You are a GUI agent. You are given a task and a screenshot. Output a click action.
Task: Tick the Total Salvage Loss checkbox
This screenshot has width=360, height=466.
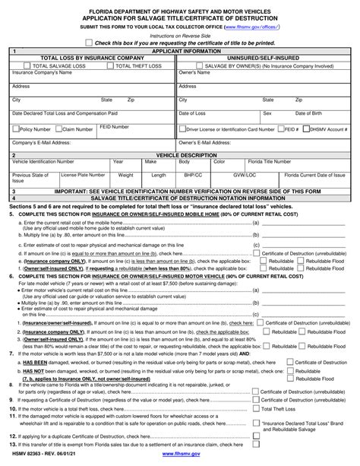tap(17, 65)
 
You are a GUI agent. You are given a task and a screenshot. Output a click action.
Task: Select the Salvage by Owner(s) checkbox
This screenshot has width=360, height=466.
tap(182, 65)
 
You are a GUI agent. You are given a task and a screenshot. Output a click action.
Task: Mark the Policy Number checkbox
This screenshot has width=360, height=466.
tap(15, 129)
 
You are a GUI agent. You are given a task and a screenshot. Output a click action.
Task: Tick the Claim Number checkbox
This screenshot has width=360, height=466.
tap(58, 129)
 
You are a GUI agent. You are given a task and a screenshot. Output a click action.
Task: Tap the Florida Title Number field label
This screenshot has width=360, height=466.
tap(271, 161)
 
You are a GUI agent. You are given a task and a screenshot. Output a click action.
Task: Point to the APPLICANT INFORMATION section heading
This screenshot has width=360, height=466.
tap(178, 50)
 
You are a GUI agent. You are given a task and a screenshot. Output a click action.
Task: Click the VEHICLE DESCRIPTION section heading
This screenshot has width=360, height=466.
tap(178, 154)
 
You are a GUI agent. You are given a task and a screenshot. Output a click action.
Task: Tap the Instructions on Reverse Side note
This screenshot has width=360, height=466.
tap(180, 35)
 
